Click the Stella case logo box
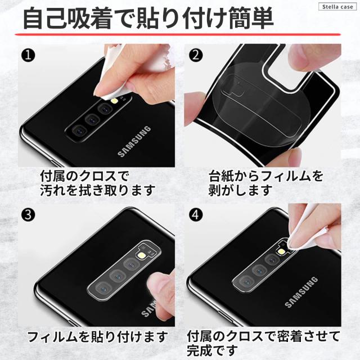tap(337, 7)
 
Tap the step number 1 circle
tap(28, 55)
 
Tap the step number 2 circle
tap(196, 55)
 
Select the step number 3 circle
tap(28, 215)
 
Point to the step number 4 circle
tap(196, 215)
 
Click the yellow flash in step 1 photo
tap(114, 101)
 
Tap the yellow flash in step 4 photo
tap(281, 251)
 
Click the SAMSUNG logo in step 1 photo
tap(134, 141)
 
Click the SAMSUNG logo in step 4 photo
tap(301, 292)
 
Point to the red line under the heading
tap(178, 35)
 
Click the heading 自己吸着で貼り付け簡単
tap(148, 19)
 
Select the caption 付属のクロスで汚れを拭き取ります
tap(97, 183)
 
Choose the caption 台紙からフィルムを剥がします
tap(266, 183)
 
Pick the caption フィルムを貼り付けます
tap(97, 337)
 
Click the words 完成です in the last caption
tap(213, 350)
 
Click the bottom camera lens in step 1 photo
tap(79, 132)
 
